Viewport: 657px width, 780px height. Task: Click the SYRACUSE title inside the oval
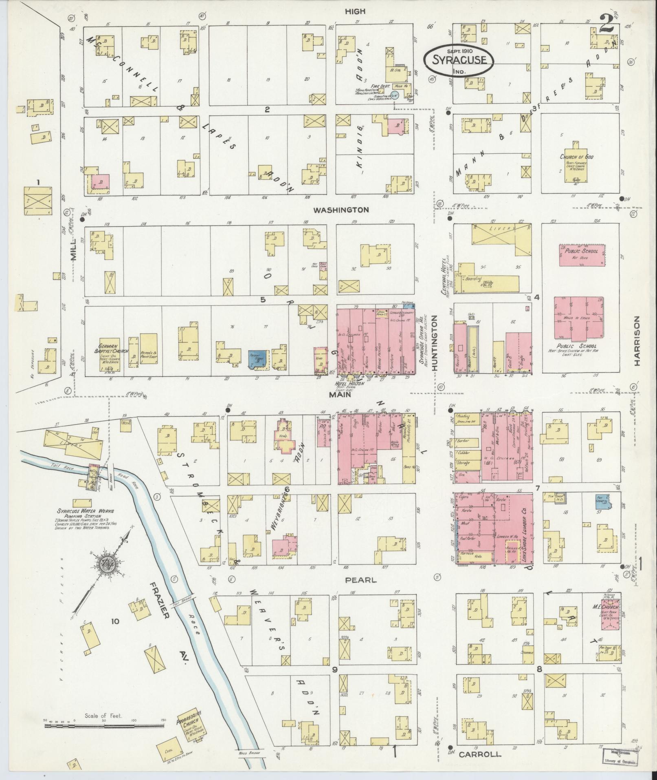pos(459,60)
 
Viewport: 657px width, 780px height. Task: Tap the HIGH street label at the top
pos(355,11)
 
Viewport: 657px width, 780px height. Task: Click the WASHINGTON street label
pos(341,210)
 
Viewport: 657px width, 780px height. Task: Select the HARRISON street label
pos(637,342)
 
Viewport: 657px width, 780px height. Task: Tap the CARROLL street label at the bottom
pos(479,754)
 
